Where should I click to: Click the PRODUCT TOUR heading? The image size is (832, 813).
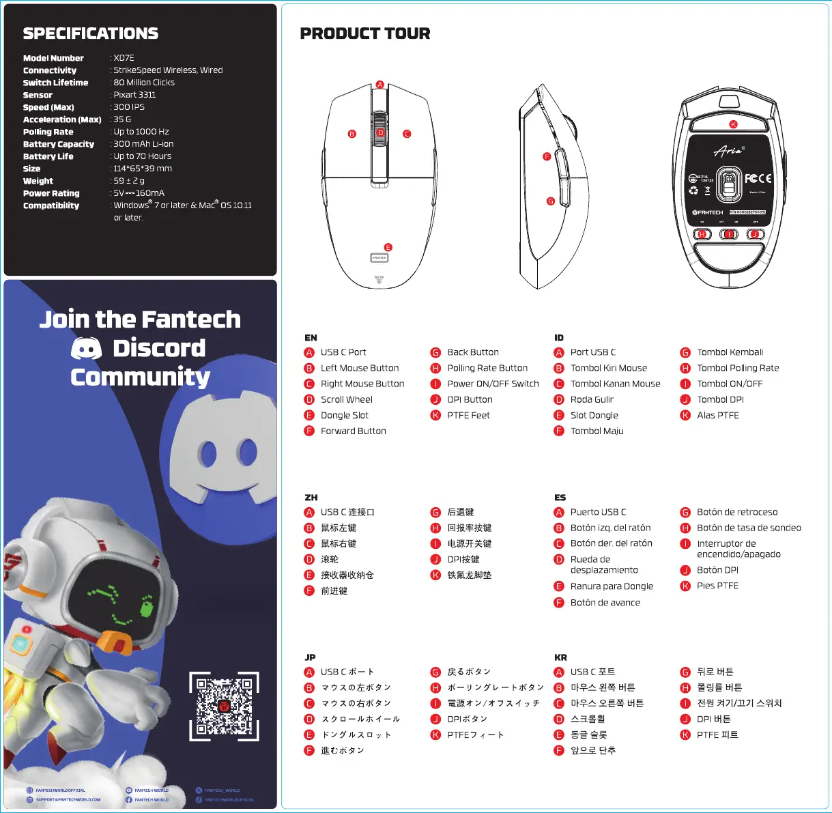pos(365,33)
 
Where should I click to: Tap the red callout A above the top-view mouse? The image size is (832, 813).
pos(380,85)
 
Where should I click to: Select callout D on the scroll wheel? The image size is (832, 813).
pos(380,133)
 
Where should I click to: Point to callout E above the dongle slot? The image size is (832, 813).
pos(388,248)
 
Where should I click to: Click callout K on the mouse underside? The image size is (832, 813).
pos(734,124)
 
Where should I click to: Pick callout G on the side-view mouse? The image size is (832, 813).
pos(550,201)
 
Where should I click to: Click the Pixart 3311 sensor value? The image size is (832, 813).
pos(134,95)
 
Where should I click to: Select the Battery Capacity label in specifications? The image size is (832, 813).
pos(59,144)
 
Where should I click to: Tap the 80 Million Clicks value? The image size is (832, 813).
pos(144,83)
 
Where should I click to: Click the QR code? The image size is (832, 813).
pos(224,706)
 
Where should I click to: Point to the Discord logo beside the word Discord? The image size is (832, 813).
pos(87,349)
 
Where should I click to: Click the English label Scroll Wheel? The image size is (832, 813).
pos(347,399)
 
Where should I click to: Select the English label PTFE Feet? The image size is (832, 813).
pos(468,415)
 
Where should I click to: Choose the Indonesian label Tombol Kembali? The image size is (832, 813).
pos(730,352)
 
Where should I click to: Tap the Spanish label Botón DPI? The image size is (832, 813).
pos(717,570)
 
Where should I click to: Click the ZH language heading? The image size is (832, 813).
pos(311,498)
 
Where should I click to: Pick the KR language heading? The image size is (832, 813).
pos(560,657)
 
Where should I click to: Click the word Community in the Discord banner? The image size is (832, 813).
pos(140,377)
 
